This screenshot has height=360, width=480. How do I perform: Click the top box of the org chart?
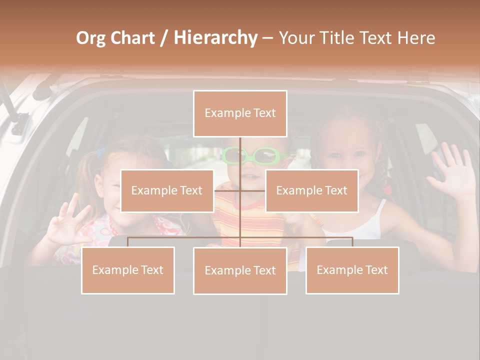point(240,113)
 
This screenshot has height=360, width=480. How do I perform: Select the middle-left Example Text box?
point(167,190)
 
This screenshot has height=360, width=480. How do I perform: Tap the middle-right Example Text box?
point(311,190)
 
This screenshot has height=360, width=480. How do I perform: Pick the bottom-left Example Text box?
point(128,270)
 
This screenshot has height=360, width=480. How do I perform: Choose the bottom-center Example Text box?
point(240,270)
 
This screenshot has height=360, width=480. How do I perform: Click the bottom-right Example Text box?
point(352,270)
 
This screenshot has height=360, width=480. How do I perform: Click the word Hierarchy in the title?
point(215,38)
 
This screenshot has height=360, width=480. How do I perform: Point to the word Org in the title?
point(90,38)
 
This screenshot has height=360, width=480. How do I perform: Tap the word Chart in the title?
point(132,38)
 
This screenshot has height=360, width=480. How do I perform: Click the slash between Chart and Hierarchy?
point(164,38)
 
